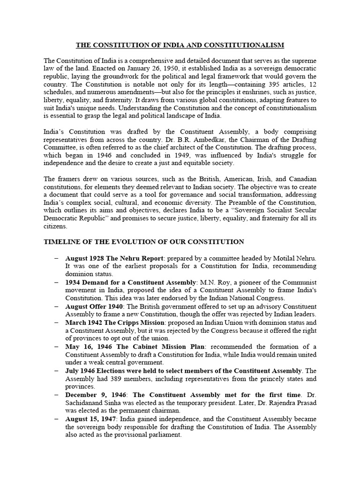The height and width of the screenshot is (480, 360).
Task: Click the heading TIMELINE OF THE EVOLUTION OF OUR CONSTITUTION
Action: [x=143, y=242]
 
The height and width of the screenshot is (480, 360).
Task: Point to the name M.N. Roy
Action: [x=213, y=283]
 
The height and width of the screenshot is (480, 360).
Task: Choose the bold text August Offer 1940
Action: [x=92, y=306]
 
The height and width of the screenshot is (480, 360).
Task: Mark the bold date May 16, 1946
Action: [x=85, y=346]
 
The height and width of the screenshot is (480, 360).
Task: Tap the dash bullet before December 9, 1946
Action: [x=56, y=395]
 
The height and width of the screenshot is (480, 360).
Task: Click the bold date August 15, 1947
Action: [x=89, y=419]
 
